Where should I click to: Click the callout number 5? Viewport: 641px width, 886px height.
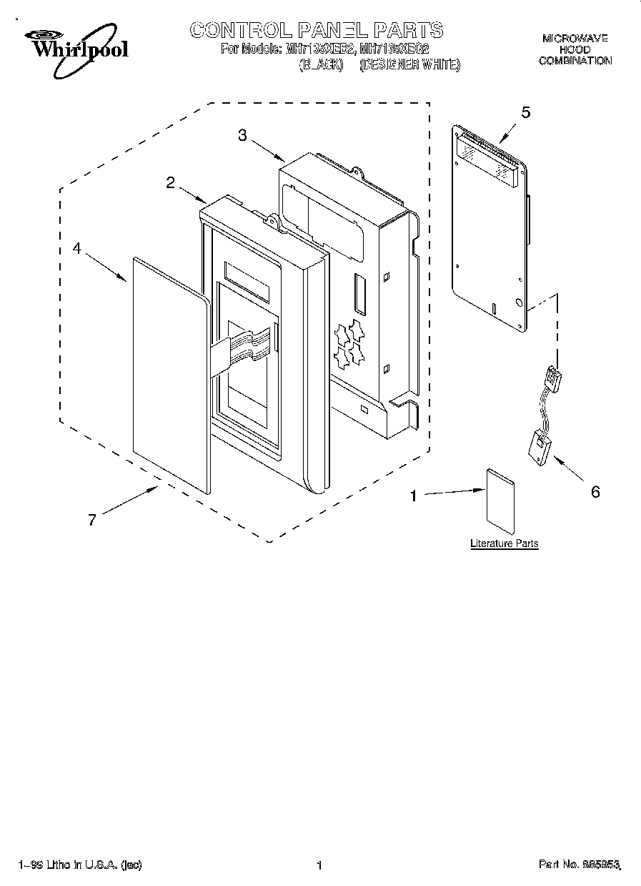525,112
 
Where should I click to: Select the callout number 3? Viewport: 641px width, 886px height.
242,136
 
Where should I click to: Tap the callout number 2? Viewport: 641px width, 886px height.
170,182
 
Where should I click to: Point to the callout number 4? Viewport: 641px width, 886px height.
77,249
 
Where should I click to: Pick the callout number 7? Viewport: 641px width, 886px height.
91,520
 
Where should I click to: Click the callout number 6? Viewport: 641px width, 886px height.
595,492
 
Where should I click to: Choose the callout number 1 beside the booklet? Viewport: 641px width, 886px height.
412,494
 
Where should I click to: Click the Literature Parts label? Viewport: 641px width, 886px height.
504,543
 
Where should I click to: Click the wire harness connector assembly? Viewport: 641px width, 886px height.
547,415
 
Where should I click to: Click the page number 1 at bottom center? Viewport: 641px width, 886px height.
319,865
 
